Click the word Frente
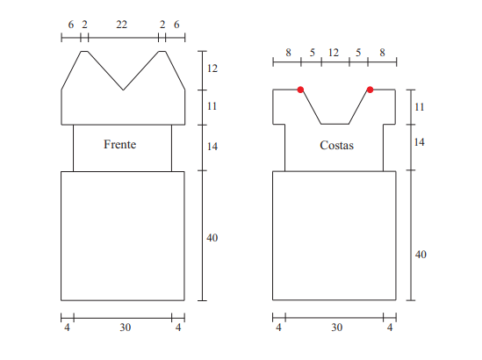tap(120, 144)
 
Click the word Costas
tap(336, 145)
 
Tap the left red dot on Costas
tap(300, 90)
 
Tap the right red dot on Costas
tap(370, 90)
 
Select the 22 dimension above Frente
tap(122, 25)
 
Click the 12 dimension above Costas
tap(334, 53)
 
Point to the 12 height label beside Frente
tap(212, 68)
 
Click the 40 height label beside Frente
tap(212, 238)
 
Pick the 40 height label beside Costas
tap(421, 255)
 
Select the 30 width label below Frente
tap(126, 328)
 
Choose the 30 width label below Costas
tap(336, 328)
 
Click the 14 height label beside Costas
tap(420, 142)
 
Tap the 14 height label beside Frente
tap(212, 147)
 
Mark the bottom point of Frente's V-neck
tap(123, 90)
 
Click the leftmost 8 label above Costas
tap(288, 53)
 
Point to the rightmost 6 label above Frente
tap(176, 25)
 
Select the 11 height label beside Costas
tap(420, 107)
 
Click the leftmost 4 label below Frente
tap(67, 328)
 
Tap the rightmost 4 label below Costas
tap(390, 328)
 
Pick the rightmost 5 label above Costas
tap(358, 53)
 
